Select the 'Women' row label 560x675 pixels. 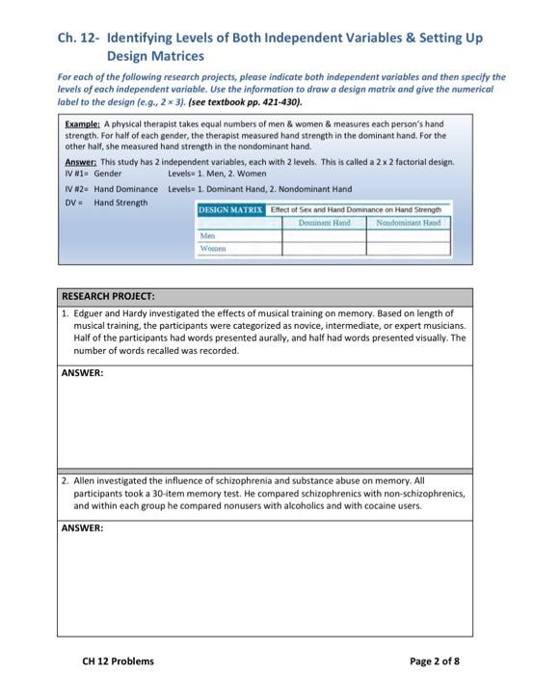(211, 247)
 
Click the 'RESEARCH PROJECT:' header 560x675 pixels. (108, 296)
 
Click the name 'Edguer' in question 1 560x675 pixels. (92, 312)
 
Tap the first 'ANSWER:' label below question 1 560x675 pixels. (83, 371)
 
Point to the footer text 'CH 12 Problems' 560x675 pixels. (118, 634)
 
